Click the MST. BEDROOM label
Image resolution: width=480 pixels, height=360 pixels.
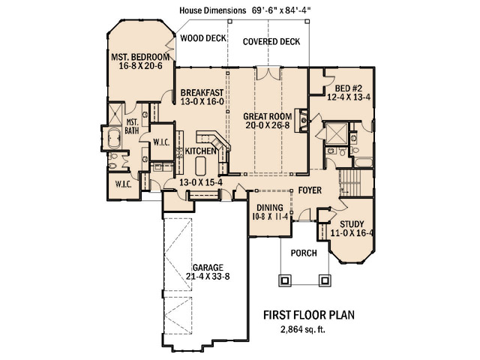tap(140, 57)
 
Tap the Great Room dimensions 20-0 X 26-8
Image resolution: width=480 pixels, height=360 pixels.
tap(268, 125)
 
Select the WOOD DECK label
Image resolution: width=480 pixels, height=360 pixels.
tap(203, 38)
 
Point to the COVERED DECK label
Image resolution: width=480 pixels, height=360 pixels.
tap(271, 42)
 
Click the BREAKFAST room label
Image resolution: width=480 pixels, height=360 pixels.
tap(202, 92)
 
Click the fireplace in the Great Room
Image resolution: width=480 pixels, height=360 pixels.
tap(301, 120)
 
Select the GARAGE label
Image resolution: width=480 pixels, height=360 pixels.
tap(208, 268)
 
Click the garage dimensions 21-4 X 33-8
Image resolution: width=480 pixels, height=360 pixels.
tap(208, 277)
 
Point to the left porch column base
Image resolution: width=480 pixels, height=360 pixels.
tap(285, 280)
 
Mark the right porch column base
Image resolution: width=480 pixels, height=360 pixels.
tap(325, 280)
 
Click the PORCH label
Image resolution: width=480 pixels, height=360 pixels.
tap(304, 253)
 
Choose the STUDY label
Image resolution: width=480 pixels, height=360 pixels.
tap(352, 224)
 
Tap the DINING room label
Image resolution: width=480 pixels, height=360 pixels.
tap(270, 208)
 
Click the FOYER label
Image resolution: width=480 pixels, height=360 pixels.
tap(310, 190)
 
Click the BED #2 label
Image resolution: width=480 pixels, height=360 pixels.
tap(348, 88)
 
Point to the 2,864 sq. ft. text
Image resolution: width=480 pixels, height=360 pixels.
tap(303, 329)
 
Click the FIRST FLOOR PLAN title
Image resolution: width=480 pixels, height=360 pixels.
tap(309, 315)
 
